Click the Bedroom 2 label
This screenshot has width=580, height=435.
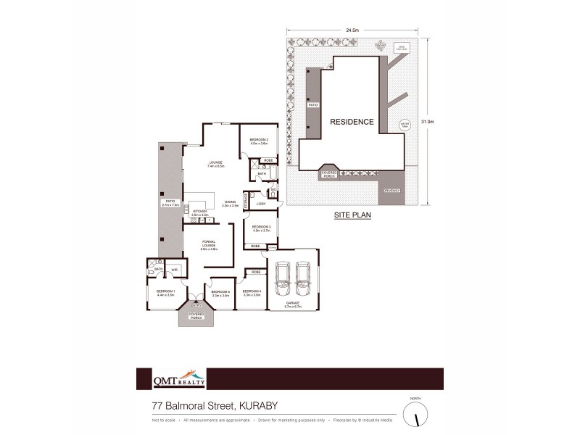[259, 141]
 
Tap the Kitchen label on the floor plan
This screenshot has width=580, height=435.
[199, 212]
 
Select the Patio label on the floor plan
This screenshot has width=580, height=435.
[170, 203]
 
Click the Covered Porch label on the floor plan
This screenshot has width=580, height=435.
[196, 317]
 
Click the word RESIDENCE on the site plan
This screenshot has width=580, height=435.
[352, 122]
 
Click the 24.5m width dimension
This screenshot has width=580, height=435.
[352, 30]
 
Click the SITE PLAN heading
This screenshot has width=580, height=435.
[352, 215]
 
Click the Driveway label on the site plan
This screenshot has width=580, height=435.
[391, 191]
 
